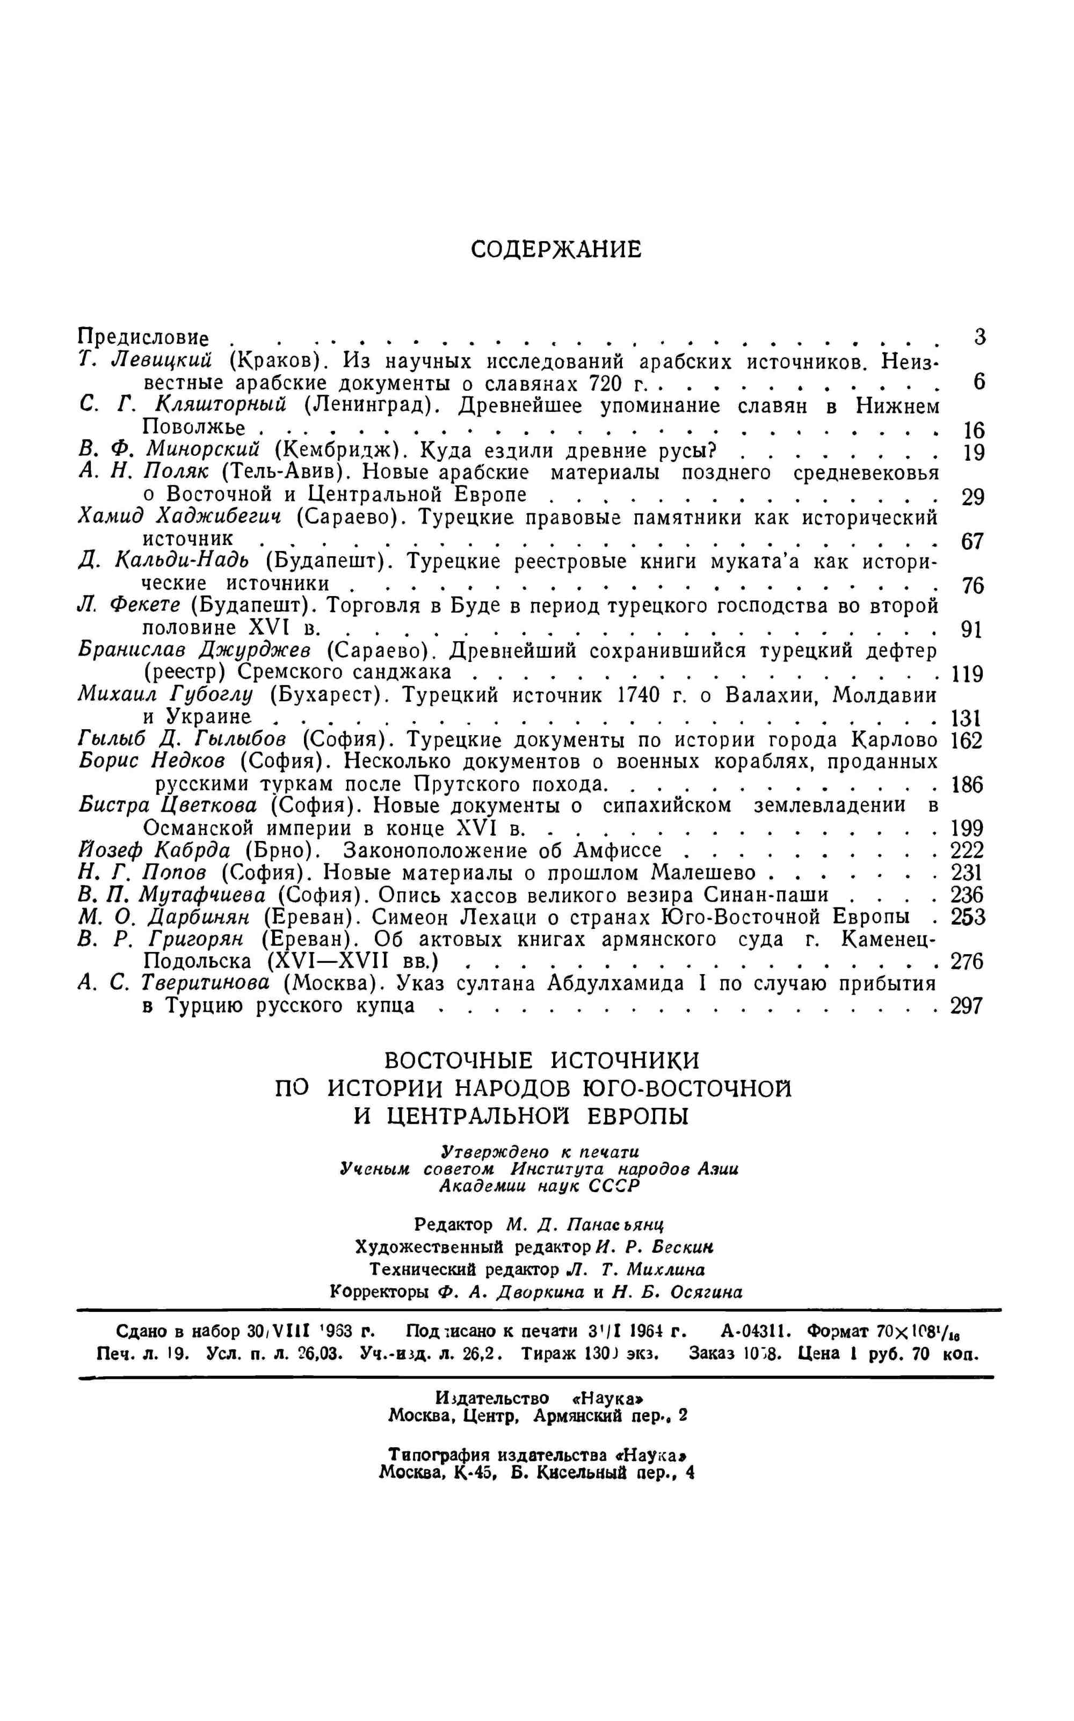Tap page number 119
click(966, 673)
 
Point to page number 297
click(966, 1006)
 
